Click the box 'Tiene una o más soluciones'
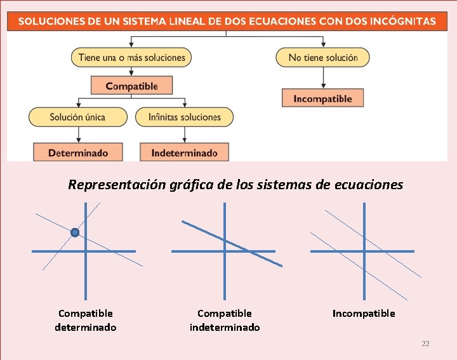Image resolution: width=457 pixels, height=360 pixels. tap(131, 57)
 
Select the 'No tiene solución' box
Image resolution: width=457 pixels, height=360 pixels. tap(322, 57)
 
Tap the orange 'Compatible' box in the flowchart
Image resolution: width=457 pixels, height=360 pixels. tap(132, 86)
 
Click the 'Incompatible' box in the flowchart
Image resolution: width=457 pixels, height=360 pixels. tap(322, 98)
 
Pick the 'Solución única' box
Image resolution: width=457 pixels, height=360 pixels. tap(77, 117)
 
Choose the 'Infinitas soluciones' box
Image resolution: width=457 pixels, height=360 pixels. tap(185, 117)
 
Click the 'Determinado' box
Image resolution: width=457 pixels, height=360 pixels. tap(77, 152)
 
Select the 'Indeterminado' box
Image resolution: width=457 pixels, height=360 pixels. tap(184, 152)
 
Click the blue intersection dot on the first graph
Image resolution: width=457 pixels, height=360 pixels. tap(75, 232)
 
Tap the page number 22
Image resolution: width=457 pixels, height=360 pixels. tap(425, 343)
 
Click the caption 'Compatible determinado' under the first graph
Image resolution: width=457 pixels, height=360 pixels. tap(86, 320)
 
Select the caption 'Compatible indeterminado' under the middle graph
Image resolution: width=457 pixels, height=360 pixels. tap(225, 320)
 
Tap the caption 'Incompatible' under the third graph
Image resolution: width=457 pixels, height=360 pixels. tap(364, 313)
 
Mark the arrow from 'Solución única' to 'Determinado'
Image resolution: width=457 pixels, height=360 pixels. tap(77, 134)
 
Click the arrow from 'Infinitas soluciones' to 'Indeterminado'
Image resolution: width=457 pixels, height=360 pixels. tap(184, 134)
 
